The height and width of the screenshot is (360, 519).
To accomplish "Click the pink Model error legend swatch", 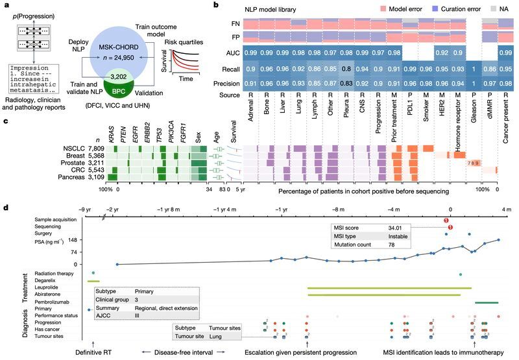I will (374, 12).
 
